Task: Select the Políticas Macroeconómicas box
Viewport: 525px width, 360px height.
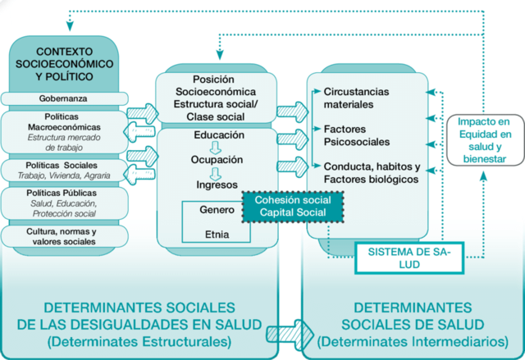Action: click(62, 132)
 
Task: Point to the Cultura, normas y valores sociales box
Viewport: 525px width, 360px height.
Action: click(62, 236)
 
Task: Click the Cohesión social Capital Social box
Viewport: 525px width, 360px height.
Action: click(293, 206)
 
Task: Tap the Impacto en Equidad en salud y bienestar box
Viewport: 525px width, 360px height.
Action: click(483, 139)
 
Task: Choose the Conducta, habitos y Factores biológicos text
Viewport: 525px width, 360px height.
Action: click(372, 172)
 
